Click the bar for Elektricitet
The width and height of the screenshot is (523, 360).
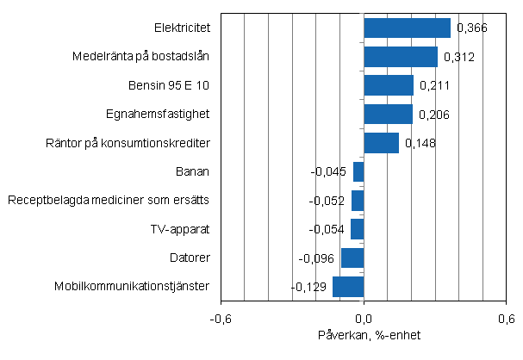point(407,28)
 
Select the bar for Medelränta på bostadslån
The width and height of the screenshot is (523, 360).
point(401,57)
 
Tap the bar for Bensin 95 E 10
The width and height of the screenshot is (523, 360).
point(389,85)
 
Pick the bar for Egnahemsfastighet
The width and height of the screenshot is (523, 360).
point(388,114)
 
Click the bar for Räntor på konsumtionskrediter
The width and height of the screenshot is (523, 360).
point(381,143)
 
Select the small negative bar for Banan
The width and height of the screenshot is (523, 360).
point(358,171)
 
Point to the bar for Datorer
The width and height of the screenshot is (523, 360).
point(352,258)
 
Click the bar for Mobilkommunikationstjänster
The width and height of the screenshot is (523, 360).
point(348,287)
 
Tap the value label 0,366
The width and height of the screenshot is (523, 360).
point(471,28)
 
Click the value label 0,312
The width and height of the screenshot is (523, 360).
point(458,58)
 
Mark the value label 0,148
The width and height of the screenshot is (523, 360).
point(420,144)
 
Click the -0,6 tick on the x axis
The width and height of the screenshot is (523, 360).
point(221,318)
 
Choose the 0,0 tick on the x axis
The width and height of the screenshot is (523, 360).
point(364,318)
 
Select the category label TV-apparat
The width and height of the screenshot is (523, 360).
point(180,230)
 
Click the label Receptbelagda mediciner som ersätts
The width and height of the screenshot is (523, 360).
point(109,201)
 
